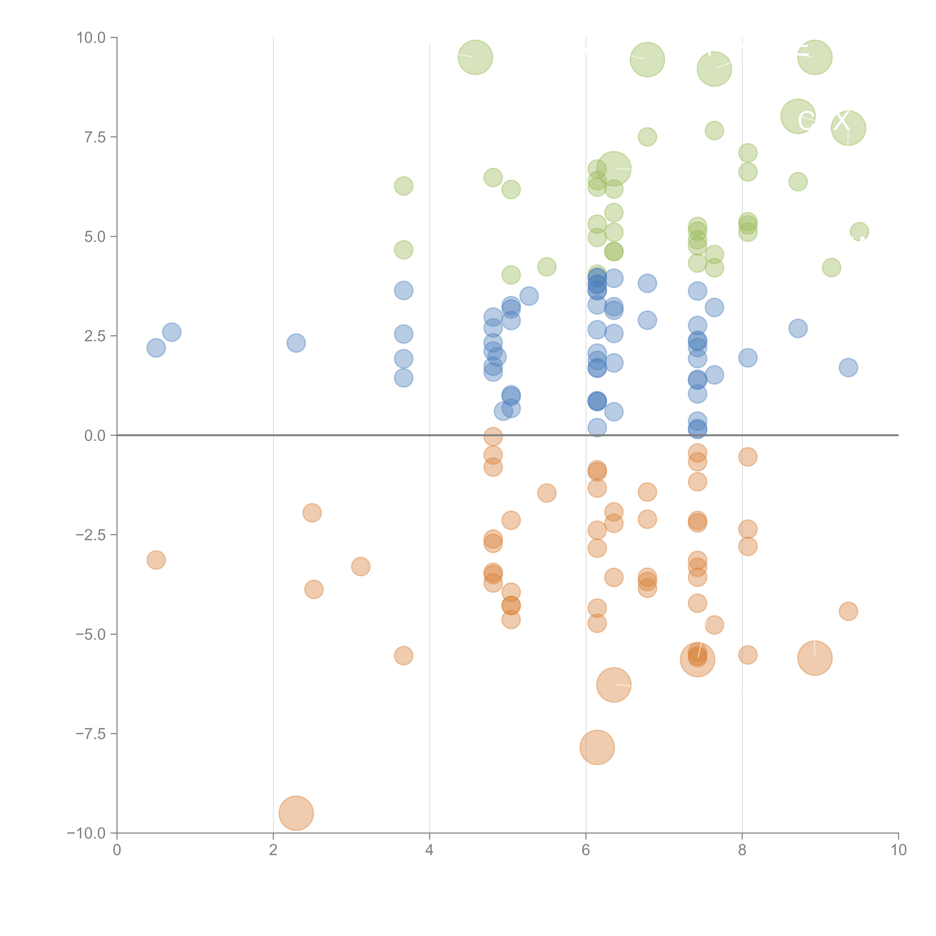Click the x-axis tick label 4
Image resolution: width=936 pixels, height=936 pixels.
[x=429, y=850]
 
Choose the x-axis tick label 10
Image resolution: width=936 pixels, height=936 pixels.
[x=898, y=850]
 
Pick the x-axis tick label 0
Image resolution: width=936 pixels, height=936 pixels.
[x=117, y=850]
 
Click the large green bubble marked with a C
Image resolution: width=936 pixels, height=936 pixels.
[x=798, y=116]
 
